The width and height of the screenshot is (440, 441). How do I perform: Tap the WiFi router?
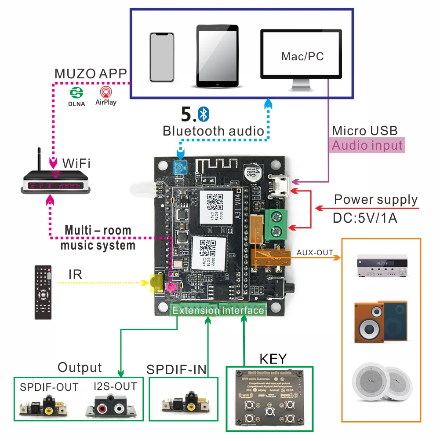[x=56, y=181]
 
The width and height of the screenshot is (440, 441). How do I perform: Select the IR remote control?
[x=43, y=292]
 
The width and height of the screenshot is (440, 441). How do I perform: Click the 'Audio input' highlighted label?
[x=367, y=146]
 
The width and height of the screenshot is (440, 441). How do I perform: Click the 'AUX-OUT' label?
[x=315, y=253]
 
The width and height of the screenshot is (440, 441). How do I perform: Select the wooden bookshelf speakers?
[x=380, y=322]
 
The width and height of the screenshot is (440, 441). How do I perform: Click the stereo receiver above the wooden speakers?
[x=381, y=266]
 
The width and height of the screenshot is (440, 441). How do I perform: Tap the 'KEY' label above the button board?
[x=273, y=359]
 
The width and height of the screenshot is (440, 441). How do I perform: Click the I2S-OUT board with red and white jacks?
[x=112, y=406]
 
